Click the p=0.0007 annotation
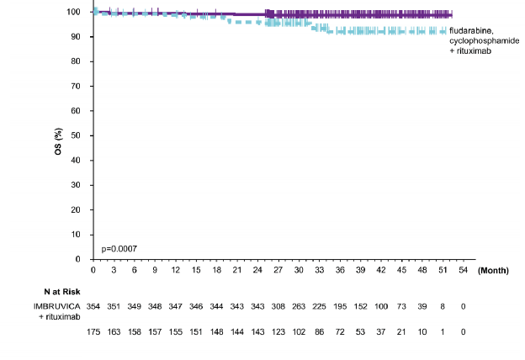pyautogui.click(x=119, y=248)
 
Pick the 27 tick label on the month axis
pyautogui.click(x=278, y=271)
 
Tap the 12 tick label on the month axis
pyautogui.click(x=175, y=271)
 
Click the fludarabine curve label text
pyautogui.click(x=469, y=30)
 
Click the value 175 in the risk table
pyautogui.click(x=93, y=333)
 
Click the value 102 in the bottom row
pyautogui.click(x=299, y=333)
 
